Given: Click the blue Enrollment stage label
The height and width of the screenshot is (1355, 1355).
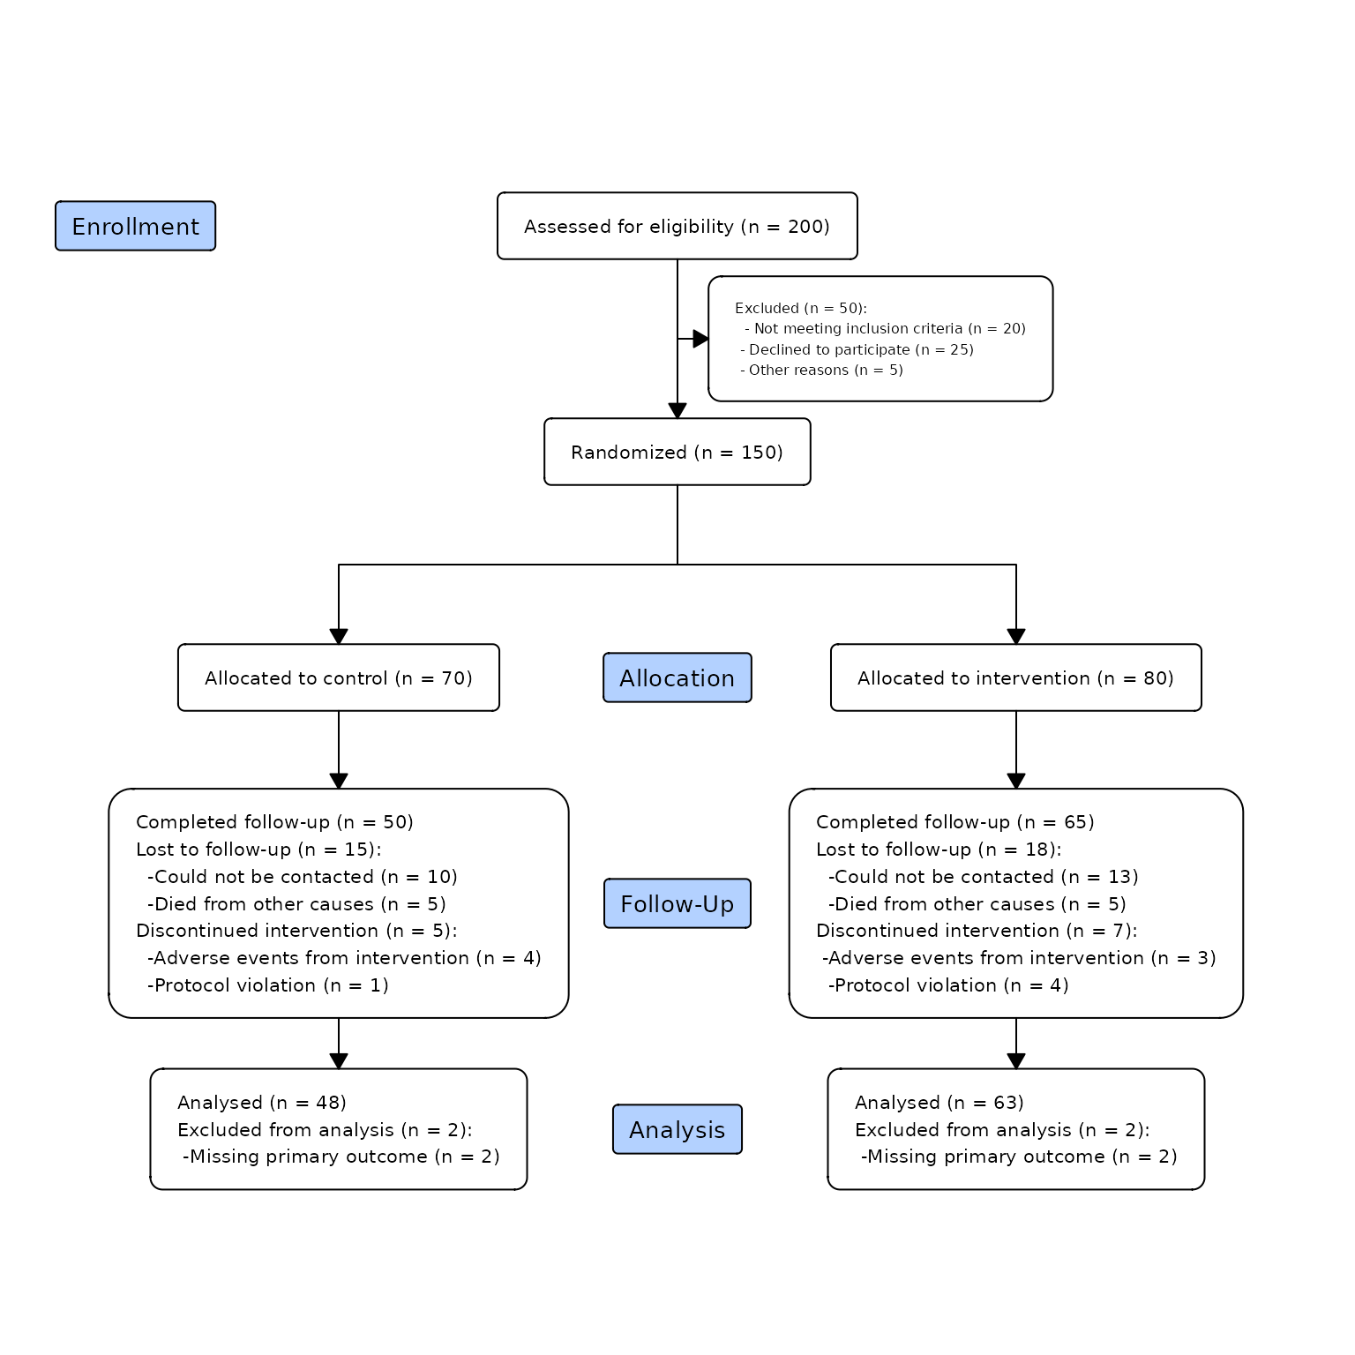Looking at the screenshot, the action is point(135,226).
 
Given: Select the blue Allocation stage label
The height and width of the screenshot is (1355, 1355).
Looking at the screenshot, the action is point(677,677).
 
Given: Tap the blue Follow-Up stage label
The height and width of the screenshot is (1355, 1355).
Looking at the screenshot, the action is point(677,903).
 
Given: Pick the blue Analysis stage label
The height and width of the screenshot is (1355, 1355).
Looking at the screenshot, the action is point(677,1129).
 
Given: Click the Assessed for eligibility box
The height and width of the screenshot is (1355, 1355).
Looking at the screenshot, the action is point(677,226).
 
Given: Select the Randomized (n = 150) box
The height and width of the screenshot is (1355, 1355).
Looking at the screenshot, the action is point(677,452).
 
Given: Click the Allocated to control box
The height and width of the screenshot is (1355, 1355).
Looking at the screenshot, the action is point(339,677).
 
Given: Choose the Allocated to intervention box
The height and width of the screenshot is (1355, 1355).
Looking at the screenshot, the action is point(1016,677).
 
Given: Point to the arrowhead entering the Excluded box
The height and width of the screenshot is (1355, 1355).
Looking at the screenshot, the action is point(701,339).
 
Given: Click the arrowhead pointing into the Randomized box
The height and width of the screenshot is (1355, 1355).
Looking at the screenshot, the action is point(677,411).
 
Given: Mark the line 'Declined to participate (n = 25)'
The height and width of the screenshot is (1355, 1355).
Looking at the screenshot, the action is point(857,349).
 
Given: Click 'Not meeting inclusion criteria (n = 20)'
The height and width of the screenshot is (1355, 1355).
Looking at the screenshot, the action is point(886,328).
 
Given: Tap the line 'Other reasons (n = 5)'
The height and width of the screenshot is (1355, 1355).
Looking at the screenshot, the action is point(822,370).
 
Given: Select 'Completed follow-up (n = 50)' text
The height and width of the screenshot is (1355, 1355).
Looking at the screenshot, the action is point(274,822).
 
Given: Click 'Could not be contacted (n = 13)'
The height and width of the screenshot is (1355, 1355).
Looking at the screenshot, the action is point(984,877).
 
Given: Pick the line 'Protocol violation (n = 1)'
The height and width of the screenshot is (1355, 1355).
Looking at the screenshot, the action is point(268,985).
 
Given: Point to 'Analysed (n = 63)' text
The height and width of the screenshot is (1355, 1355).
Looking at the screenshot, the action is point(940,1103).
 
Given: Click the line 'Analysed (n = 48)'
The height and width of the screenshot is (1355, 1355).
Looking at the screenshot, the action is point(262,1103).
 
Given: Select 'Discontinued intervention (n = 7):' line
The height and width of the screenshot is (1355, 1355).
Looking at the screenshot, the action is point(977,931).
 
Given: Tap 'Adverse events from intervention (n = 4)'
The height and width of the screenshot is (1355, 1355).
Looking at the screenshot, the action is point(344,958).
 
